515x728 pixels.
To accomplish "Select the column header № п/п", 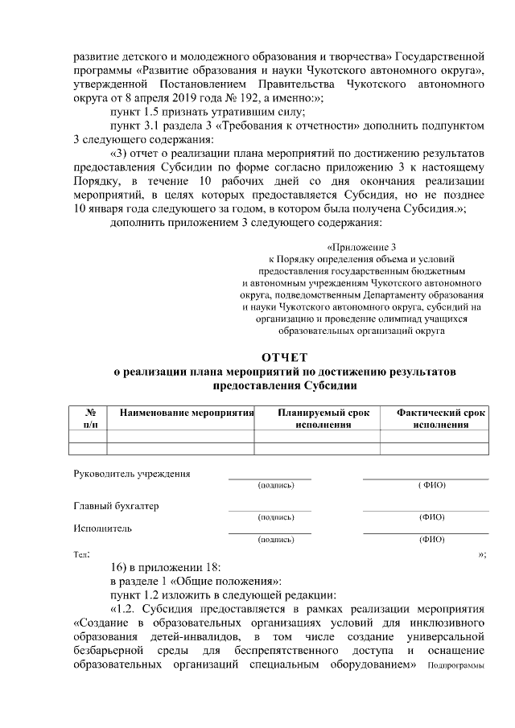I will click(89, 418).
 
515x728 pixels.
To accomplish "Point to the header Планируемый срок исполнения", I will click(323, 418).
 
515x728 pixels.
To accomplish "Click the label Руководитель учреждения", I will click(132, 474).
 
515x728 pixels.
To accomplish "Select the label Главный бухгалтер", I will click(117, 506).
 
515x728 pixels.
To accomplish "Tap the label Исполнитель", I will click(103, 529).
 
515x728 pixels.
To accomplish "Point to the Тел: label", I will click(82, 555).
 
